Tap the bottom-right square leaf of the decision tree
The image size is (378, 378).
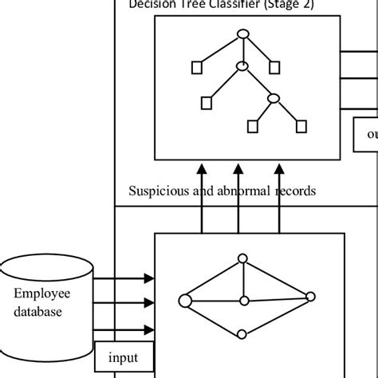[x=301, y=125]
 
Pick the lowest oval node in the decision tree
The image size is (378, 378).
[x=274, y=98]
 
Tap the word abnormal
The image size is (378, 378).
[x=238, y=191]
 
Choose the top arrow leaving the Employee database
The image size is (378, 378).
[x=124, y=278]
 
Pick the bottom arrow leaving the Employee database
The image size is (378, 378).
[x=124, y=326]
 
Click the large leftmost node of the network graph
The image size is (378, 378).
[x=185, y=301]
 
